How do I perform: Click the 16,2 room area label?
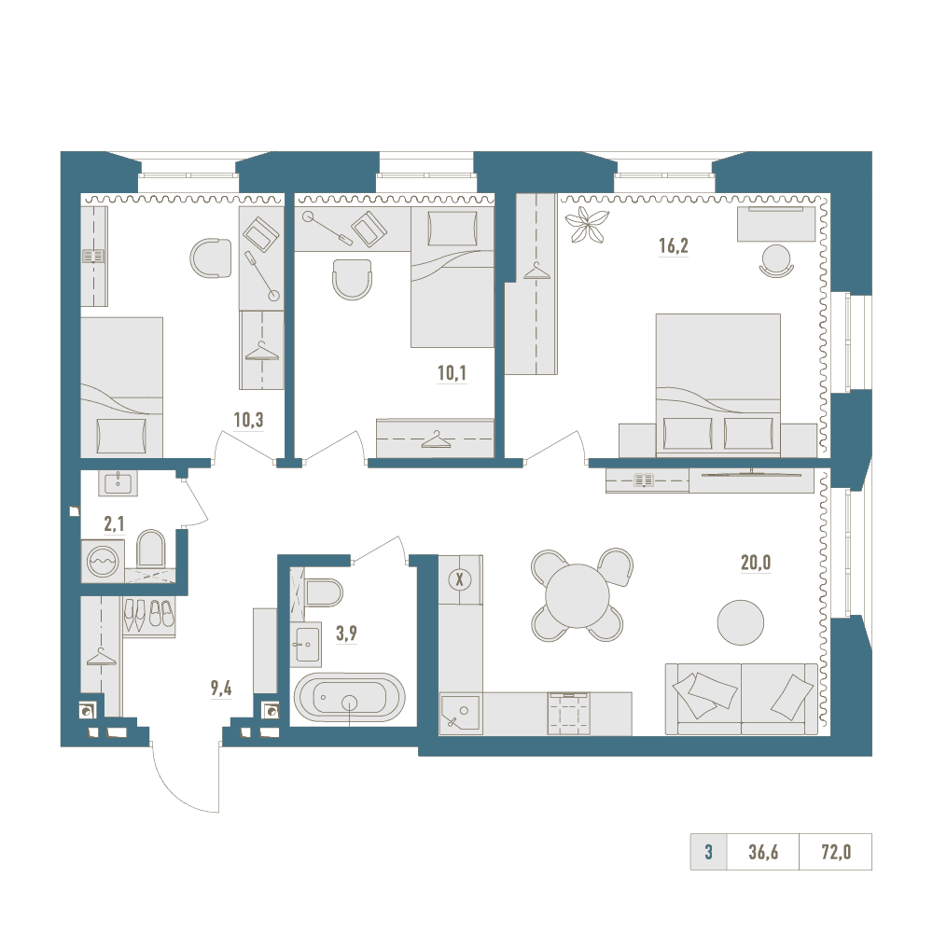pyautogui.click(x=673, y=245)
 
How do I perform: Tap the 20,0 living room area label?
pyautogui.click(x=756, y=563)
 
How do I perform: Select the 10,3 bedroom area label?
pyautogui.click(x=248, y=420)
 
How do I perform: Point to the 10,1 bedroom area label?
pyautogui.click(x=452, y=373)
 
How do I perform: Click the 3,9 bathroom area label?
pyautogui.click(x=346, y=634)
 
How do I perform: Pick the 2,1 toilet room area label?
pyautogui.click(x=114, y=524)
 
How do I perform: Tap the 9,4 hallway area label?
pyautogui.click(x=221, y=689)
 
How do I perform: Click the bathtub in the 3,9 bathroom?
pyautogui.click(x=350, y=698)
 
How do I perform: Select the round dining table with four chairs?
pyautogui.click(x=578, y=595)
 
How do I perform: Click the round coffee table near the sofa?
pyautogui.click(x=740, y=621)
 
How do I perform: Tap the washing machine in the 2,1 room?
pyautogui.click(x=103, y=561)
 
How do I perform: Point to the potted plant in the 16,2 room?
pyautogui.click(x=587, y=224)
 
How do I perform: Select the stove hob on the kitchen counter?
pyautogui.click(x=569, y=712)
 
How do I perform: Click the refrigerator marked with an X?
pyautogui.click(x=459, y=579)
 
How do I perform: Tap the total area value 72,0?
pyautogui.click(x=836, y=852)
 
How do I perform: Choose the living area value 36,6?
pyautogui.click(x=763, y=852)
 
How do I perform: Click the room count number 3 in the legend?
pyautogui.click(x=708, y=852)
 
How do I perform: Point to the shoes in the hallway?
pyautogui.click(x=148, y=615)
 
